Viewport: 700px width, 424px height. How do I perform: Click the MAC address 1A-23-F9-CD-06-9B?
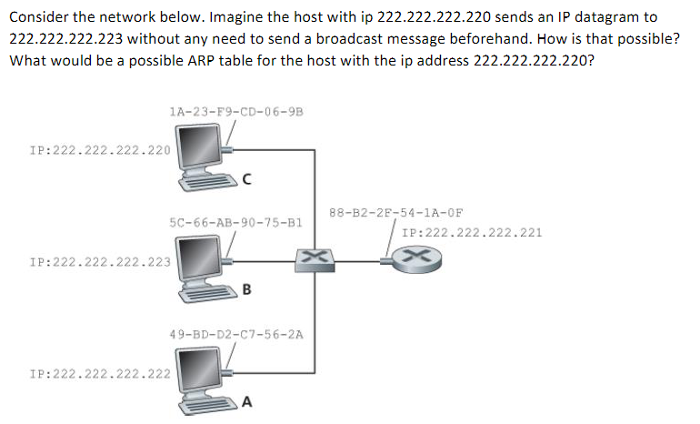(235, 112)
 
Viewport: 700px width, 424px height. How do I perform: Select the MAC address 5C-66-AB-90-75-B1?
(235, 221)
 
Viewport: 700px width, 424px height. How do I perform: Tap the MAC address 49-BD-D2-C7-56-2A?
(235, 335)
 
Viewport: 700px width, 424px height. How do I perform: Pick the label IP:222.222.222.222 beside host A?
(100, 374)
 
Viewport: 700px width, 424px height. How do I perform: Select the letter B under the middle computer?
(246, 291)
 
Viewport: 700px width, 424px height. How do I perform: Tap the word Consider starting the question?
(38, 17)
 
